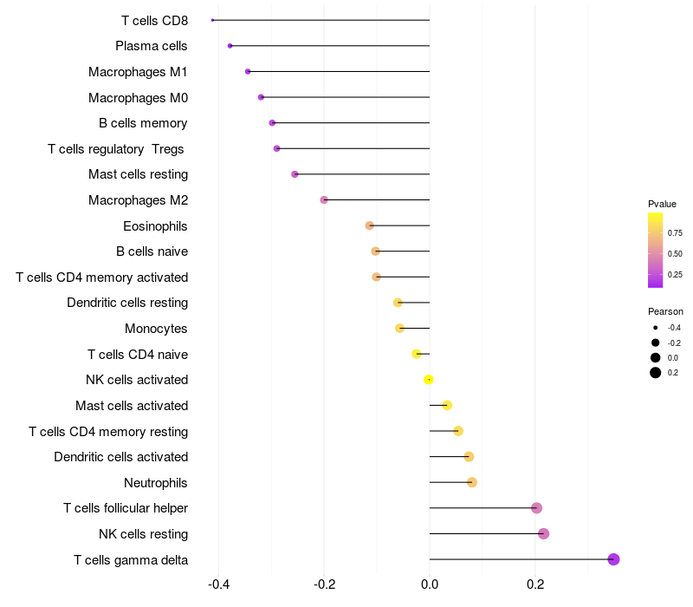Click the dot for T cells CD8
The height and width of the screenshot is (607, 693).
pyautogui.click(x=212, y=20)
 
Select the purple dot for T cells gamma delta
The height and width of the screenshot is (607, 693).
pyautogui.click(x=613, y=559)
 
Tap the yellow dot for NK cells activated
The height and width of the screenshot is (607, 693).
pyautogui.click(x=428, y=380)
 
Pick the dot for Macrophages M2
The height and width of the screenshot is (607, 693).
pyautogui.click(x=324, y=200)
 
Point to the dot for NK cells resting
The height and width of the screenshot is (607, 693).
pyautogui.click(x=544, y=533)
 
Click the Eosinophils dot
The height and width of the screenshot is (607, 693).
pyautogui.click(x=370, y=225)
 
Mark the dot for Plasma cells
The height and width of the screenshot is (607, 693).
pyautogui.click(x=230, y=46)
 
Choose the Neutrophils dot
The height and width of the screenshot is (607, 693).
pyautogui.click(x=472, y=482)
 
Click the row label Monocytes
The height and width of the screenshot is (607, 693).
pyautogui.click(x=156, y=329)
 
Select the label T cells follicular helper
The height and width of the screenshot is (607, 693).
pyautogui.click(x=126, y=508)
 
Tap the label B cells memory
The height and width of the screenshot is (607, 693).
pyautogui.click(x=143, y=123)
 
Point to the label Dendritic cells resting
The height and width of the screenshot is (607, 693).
pyautogui.click(x=127, y=303)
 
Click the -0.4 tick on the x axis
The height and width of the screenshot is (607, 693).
pyautogui.click(x=218, y=584)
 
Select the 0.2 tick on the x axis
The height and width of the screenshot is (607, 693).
pyautogui.click(x=535, y=584)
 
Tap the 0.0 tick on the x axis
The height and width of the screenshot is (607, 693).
pyautogui.click(x=430, y=584)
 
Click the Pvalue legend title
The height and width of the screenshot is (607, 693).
pyautogui.click(x=662, y=204)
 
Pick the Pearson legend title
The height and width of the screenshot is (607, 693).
pyautogui.click(x=665, y=311)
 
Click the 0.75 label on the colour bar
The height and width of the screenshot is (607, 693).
pyautogui.click(x=675, y=233)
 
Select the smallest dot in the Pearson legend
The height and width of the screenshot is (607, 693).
pyautogui.click(x=656, y=328)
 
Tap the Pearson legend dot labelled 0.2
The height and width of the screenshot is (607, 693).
pyautogui.click(x=656, y=373)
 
